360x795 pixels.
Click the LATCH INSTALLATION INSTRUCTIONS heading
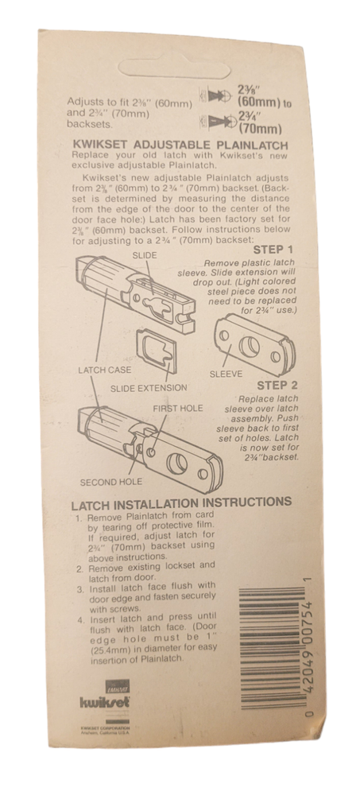click(x=181, y=502)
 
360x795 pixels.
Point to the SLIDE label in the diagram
click(x=144, y=256)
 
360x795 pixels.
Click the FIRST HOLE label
click(x=178, y=408)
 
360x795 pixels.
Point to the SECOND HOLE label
click(x=110, y=482)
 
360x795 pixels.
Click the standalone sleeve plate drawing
click(x=250, y=343)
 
